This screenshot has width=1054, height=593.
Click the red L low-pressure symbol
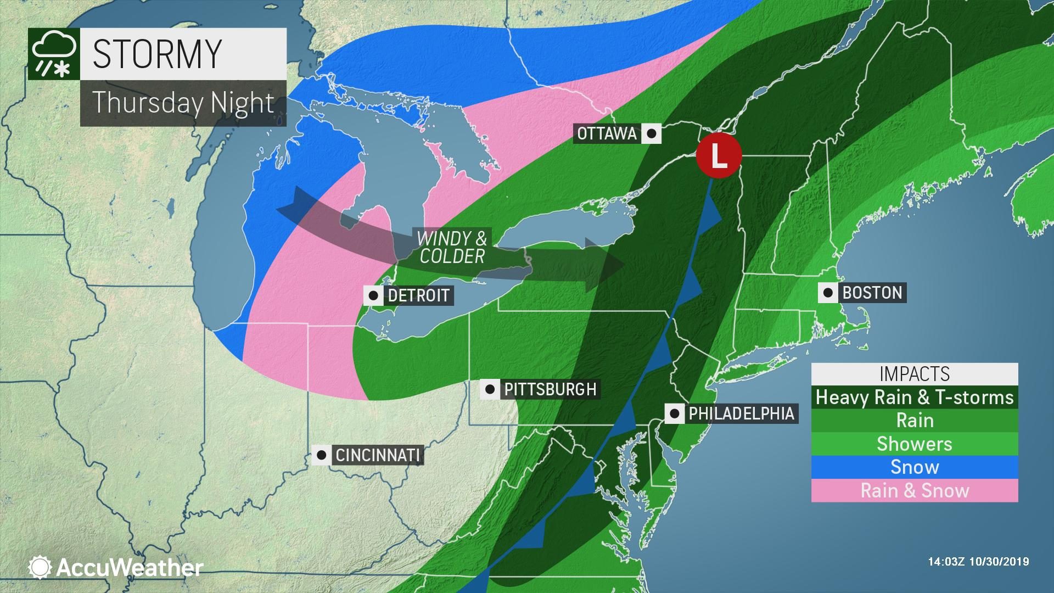pos(719,156)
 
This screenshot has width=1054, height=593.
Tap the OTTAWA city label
pos(607,133)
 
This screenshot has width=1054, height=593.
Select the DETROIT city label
pos(418,295)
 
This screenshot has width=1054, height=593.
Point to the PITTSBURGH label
pos(550,389)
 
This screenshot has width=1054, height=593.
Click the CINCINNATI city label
pos(378,455)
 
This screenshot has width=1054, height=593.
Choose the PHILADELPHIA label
pos(741,413)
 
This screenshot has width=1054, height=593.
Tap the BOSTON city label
pos(872,293)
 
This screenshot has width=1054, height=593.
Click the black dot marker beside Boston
pos(828,293)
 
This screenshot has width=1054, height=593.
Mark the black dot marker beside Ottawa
pos(652,133)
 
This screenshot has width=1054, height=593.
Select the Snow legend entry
pos(915,467)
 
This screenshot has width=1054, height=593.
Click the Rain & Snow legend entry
pos(915,490)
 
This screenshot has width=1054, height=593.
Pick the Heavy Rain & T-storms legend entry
pos(915,397)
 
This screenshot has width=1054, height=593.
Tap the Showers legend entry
pos(915,444)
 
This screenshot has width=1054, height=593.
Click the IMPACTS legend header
pos(915,374)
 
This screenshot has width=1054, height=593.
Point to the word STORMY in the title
pos(157,54)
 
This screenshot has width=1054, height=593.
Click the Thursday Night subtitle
pos(183,103)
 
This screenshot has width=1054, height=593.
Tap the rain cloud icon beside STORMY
pos(53,54)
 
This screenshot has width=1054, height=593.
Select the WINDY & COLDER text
pos(452,248)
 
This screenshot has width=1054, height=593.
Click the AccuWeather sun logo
pos(40,567)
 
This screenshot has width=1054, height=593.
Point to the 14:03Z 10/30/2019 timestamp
pos(978,562)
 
